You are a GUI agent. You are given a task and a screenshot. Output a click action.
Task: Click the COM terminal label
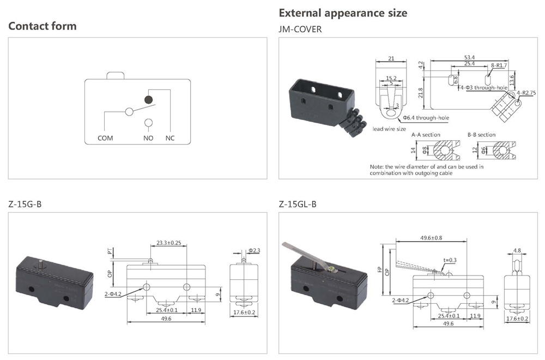pos(105,138)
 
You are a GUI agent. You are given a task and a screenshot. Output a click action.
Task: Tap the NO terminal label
pos(148,138)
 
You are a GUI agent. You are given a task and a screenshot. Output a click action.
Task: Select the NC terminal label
pos(169,138)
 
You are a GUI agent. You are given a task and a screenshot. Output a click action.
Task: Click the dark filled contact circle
pos(148,99)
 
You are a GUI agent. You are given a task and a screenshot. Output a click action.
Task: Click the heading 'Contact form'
pos(43,26)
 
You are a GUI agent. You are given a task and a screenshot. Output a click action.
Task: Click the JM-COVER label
pos(300,29)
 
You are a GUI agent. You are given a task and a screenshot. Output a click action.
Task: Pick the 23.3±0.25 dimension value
pos(169,243)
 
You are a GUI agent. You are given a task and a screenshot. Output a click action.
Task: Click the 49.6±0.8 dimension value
pos(432,238)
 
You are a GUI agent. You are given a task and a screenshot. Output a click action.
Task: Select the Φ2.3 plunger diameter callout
pos(254,250)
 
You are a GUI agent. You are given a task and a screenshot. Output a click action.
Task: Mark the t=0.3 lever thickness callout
pos(450,260)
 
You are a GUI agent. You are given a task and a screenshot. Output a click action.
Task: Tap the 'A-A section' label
pos(426,134)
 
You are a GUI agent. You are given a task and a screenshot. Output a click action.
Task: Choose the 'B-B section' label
pos(482,134)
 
